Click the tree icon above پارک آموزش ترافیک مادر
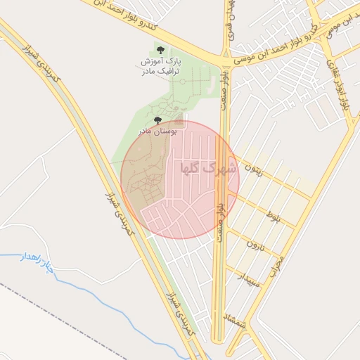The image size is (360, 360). (161, 49)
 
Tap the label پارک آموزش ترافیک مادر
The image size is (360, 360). (160, 66)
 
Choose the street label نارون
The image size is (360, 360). (255, 247)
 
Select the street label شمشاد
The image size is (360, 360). (234, 321)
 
